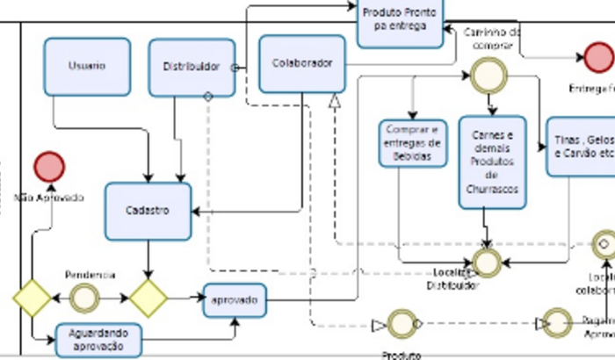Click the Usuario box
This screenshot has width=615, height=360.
click(x=87, y=66)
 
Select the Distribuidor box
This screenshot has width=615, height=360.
click(x=191, y=67)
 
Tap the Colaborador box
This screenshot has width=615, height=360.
click(x=302, y=63)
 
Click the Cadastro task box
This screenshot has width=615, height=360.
click(x=148, y=211)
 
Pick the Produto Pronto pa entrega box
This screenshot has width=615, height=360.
click(x=400, y=21)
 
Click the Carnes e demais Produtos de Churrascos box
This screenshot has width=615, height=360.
click(x=492, y=162)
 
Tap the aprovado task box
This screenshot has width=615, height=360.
click(x=235, y=299)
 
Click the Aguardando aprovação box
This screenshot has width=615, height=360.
click(x=98, y=340)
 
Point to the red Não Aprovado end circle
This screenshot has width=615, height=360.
click(x=49, y=167)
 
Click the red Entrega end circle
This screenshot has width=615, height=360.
click(x=597, y=60)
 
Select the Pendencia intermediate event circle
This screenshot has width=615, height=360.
click(x=84, y=299)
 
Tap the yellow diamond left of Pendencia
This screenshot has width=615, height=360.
click(x=33, y=299)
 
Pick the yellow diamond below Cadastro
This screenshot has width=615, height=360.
click(x=148, y=299)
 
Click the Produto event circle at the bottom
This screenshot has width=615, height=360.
click(x=402, y=324)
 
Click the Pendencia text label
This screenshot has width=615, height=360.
click(x=90, y=275)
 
